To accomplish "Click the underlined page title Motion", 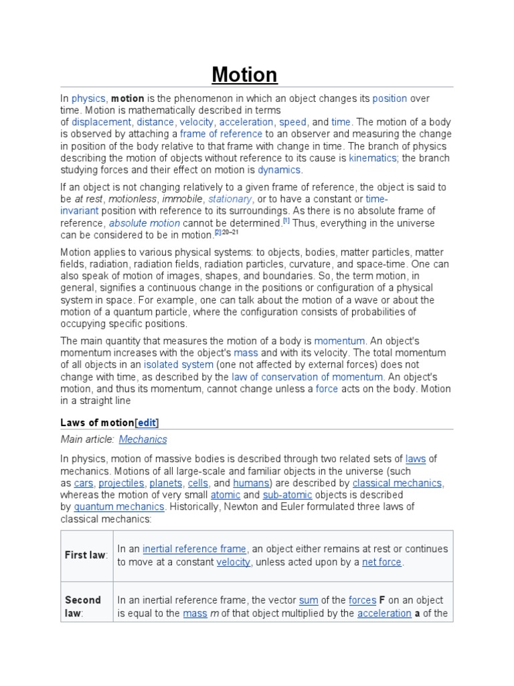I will coord(244,74).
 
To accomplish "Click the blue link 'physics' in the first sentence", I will coord(88,98).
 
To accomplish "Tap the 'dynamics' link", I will coord(279,170).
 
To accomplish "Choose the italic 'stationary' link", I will coord(230,199).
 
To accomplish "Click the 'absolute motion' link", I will coord(145,223).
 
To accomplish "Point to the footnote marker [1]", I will coord(286,220).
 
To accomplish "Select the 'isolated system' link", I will coord(179,364).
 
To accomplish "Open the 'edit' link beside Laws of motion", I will coord(147,422).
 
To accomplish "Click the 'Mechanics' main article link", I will coord(143,439).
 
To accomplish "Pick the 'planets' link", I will coord(165,483).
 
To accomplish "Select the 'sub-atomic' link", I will coord(287,495).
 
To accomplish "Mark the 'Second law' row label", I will coord(83,606).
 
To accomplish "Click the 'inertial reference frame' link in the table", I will coord(194,549).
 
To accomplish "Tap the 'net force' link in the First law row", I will coord(381,562).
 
